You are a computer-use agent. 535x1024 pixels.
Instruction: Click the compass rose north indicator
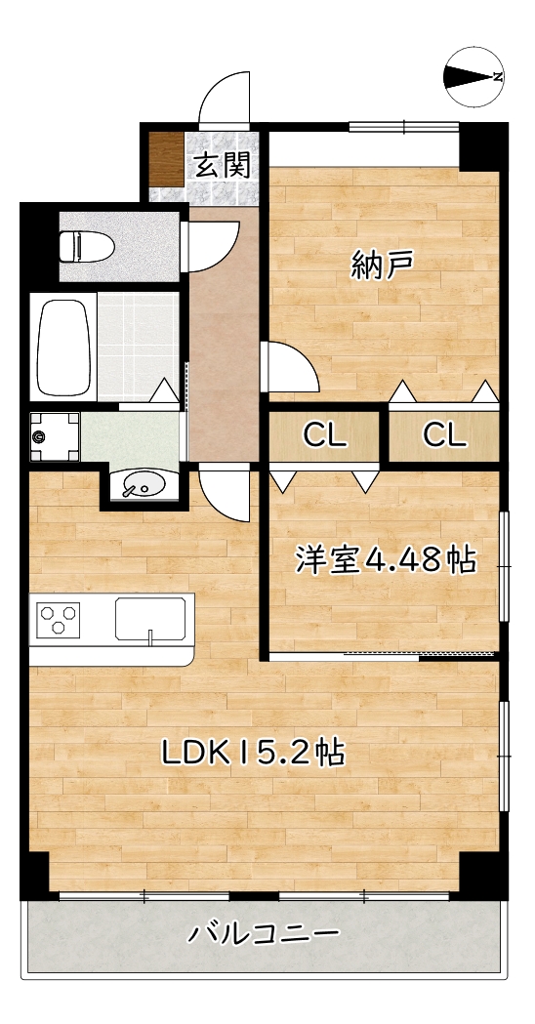point(474,77)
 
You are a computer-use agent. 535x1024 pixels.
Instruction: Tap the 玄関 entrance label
point(222,165)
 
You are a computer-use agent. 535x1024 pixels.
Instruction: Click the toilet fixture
point(86,245)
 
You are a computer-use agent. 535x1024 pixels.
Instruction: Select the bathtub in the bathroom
point(65,347)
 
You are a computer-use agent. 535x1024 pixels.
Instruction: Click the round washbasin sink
point(143,483)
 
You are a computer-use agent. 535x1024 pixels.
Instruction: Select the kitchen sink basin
point(150,619)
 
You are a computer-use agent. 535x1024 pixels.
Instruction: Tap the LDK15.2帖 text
point(251,752)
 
